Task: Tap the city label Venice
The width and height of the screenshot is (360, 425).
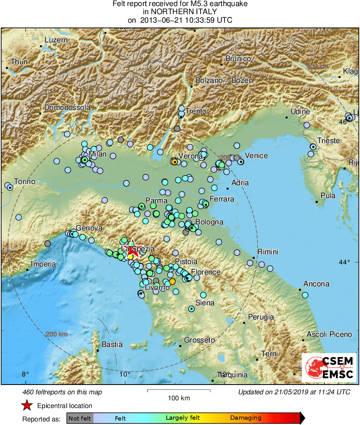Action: (x=256, y=156)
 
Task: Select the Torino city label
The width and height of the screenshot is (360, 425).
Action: (x=24, y=182)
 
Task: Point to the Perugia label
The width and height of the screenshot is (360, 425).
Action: (x=261, y=317)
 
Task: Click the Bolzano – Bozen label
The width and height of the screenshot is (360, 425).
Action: (x=224, y=80)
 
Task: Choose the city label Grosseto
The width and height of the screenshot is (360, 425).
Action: (x=199, y=340)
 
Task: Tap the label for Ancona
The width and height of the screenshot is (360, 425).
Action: (x=316, y=284)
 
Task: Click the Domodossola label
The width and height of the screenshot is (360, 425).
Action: (x=67, y=108)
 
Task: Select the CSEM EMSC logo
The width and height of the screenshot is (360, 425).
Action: (x=329, y=367)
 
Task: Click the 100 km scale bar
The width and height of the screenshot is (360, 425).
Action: (x=178, y=391)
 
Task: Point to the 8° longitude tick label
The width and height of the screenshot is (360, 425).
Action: (x=25, y=374)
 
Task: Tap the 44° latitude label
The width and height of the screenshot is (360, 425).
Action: (x=344, y=262)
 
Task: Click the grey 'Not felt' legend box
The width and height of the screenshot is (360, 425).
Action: (x=80, y=418)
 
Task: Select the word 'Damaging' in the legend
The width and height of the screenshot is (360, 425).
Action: (x=246, y=418)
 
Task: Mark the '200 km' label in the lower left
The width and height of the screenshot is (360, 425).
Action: (x=56, y=334)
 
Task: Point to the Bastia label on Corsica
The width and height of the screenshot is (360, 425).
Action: (x=112, y=345)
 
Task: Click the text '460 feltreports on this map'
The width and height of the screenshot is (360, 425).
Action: (x=62, y=392)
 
